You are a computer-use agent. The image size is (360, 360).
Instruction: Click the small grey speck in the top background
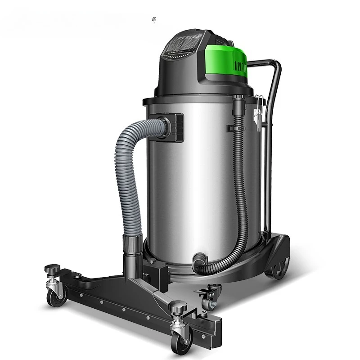155,19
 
